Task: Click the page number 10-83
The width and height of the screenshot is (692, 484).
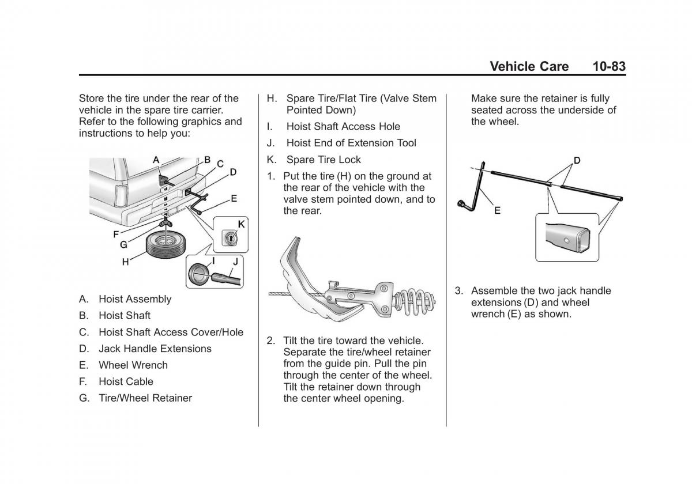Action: pos(609,66)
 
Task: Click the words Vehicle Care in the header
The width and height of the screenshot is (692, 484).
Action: pos(529,66)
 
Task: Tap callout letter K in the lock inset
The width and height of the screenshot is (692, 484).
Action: pos(241,224)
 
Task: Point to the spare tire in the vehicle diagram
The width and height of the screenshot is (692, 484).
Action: pos(166,245)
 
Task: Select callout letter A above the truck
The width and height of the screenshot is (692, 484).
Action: pos(156,160)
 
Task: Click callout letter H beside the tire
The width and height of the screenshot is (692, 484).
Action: pos(126,262)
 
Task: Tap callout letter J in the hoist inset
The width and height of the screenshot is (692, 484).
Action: pos(235,262)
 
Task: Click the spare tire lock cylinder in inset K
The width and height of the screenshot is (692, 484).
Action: pos(230,238)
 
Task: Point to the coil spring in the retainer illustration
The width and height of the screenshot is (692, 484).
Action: pos(414,301)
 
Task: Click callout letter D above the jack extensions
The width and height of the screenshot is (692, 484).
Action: pos(577,161)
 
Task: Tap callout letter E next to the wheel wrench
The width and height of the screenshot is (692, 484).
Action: pos(497,210)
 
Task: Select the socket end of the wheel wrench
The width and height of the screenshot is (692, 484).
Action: pos(462,204)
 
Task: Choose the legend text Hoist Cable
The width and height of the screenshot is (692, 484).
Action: pos(126,381)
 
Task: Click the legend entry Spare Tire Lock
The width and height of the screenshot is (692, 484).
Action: pos(324,160)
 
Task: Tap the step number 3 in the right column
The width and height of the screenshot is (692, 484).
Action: pos(458,291)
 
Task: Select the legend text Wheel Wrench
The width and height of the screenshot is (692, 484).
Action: pos(133,365)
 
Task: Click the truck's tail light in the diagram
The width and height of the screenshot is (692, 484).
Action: pos(120,196)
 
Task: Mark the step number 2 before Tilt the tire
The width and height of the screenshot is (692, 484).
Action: pos(270,341)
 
